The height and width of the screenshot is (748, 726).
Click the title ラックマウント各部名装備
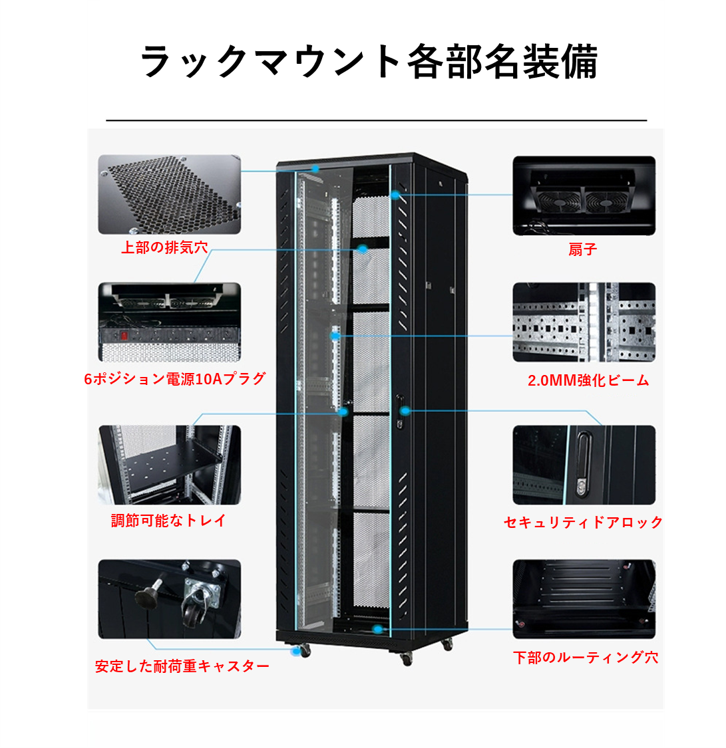[369, 62]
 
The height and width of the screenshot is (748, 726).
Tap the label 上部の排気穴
[164, 248]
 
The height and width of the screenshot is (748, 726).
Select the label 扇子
[583, 249]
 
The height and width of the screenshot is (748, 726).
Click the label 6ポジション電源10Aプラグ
[175, 379]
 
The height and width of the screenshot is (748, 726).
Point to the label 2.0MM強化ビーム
[588, 380]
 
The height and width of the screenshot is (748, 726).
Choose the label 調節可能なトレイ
[168, 521]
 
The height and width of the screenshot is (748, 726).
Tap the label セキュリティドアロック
[583, 523]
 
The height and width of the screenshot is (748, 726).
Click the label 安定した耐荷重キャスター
[182, 666]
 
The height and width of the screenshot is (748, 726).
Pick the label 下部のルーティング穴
[586, 658]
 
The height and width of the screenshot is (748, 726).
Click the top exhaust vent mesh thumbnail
[169, 194]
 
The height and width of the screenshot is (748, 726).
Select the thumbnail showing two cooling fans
[584, 195]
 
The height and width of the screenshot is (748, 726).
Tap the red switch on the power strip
[122, 335]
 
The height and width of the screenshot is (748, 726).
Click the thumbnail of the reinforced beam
[584, 322]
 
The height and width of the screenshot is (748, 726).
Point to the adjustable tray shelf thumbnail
[169, 465]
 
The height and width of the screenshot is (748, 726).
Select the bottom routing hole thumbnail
[584, 598]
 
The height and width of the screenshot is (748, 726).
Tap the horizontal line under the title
[376, 120]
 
